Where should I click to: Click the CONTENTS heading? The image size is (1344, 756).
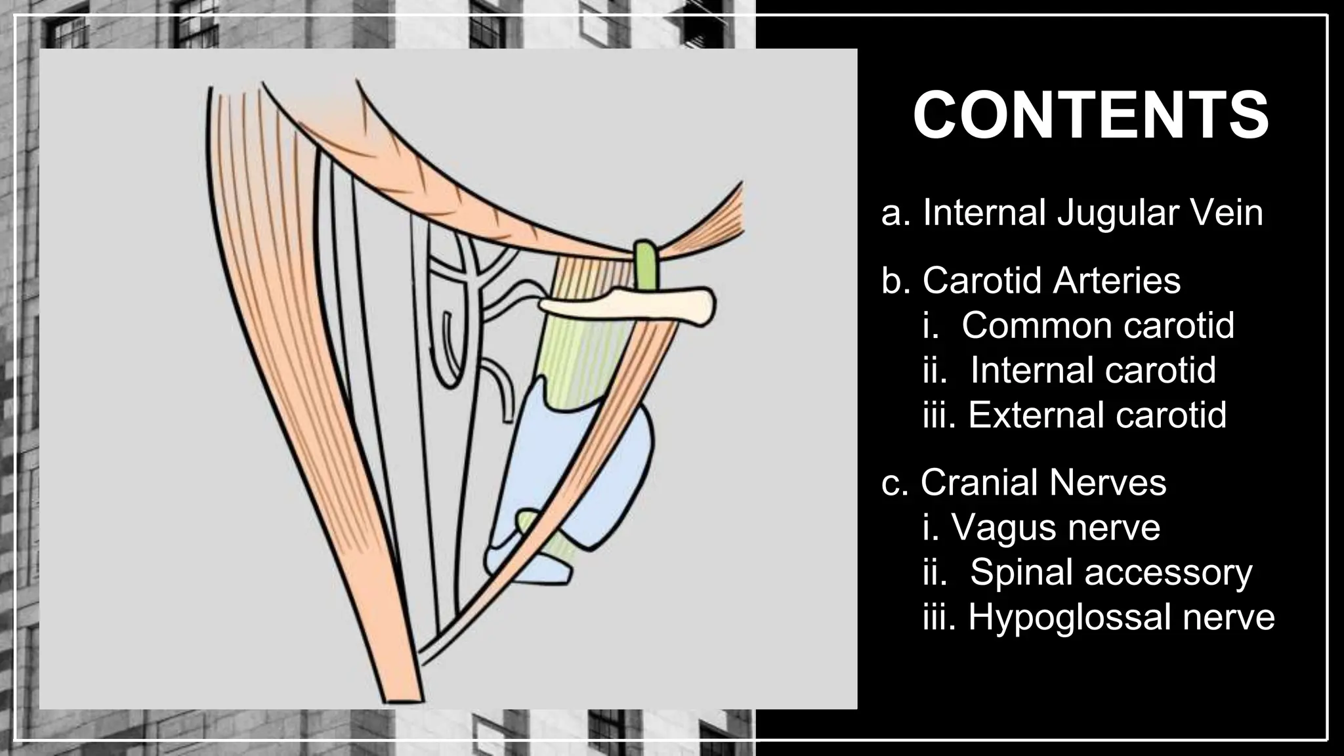[1091, 116]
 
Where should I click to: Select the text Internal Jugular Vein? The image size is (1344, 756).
[1093, 213]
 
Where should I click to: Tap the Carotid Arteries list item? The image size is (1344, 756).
[1051, 280]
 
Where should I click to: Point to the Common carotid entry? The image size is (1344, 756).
[1097, 325]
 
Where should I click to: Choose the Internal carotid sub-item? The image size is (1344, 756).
[1093, 369]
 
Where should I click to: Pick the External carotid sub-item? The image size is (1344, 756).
[1097, 414]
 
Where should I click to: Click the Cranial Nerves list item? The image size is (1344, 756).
[1043, 482]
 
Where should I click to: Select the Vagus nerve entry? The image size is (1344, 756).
[1055, 527]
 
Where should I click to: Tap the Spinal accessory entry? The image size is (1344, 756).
[1110, 572]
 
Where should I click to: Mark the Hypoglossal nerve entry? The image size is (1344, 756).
[1121, 616]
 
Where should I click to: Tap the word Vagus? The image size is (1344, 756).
[1005, 528]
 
